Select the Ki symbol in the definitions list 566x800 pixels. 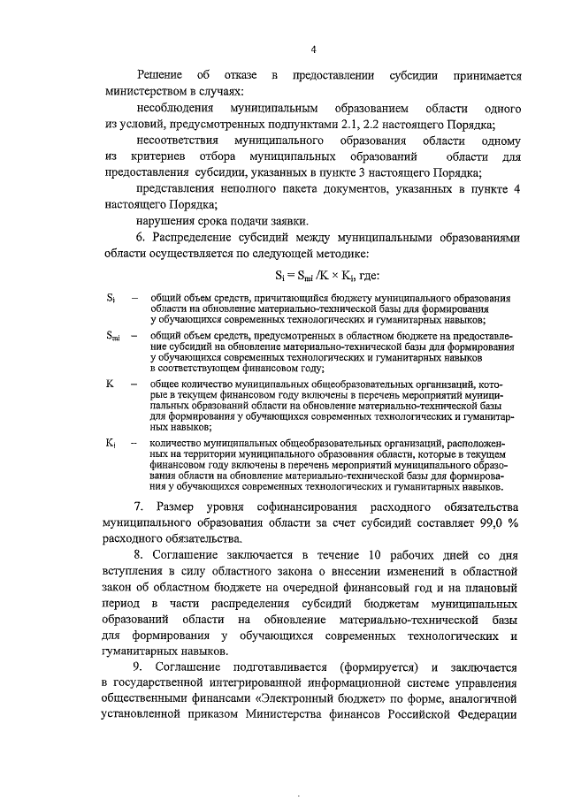pos(111,441)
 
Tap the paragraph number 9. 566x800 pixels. pos(138,667)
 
